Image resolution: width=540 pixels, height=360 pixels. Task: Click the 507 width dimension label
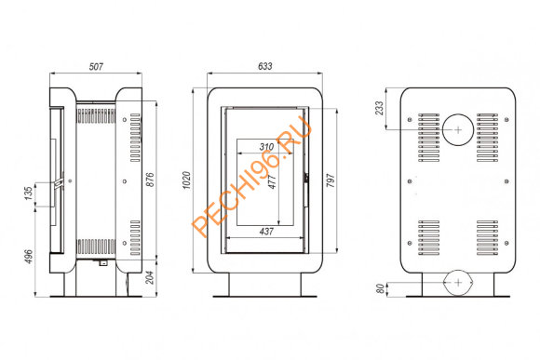(96, 66)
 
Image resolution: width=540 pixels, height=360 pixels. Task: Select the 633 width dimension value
(264, 66)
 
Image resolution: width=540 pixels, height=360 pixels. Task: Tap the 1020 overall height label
(186, 180)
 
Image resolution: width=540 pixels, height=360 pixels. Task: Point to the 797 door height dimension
(331, 180)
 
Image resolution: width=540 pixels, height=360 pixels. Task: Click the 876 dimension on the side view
(150, 180)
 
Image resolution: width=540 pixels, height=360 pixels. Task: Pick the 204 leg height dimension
(150, 277)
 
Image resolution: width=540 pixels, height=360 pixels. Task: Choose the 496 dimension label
(29, 257)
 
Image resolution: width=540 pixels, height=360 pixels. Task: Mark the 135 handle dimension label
(29, 193)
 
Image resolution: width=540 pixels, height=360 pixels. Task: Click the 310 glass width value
(266, 147)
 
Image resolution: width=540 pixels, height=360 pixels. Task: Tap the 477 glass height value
(272, 181)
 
